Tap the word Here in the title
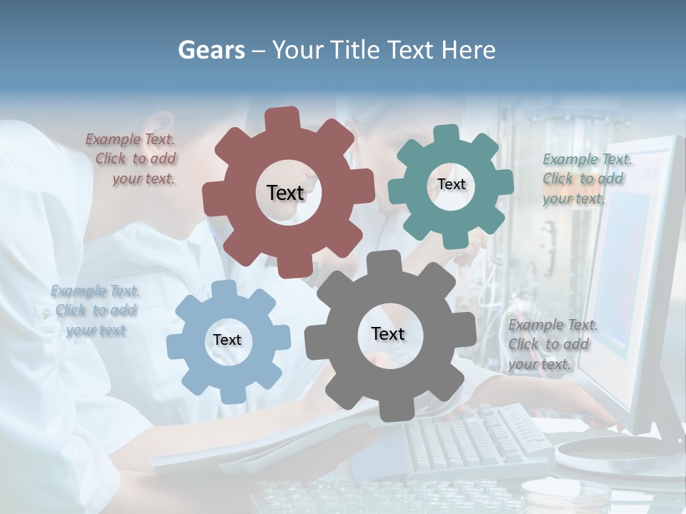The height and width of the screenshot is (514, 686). click(468, 50)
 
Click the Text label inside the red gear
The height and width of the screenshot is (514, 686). click(285, 193)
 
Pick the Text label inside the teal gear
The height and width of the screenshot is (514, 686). click(451, 184)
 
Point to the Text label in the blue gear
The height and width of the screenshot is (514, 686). click(227, 340)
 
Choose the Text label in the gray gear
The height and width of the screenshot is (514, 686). click(388, 334)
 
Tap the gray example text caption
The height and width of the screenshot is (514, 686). click(550, 345)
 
